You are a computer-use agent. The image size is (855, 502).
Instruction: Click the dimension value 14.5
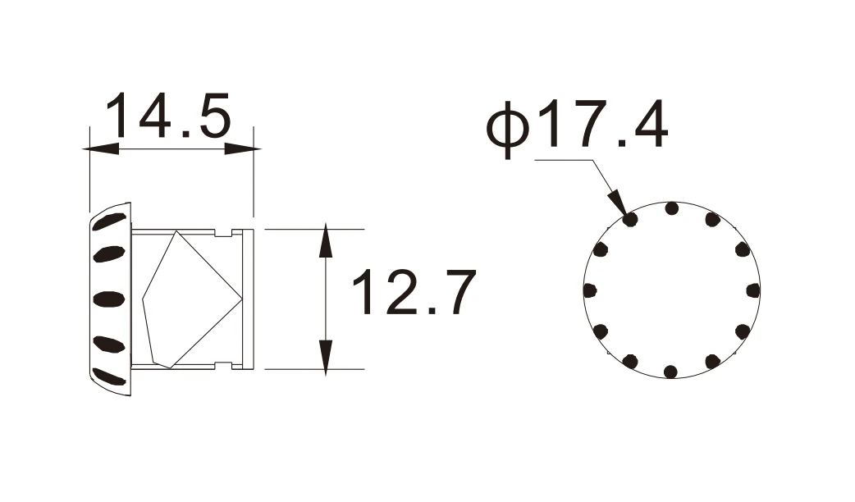tap(169, 116)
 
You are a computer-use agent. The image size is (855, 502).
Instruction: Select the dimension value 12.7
tap(415, 292)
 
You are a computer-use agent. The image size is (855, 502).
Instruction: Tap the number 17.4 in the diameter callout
tap(602, 124)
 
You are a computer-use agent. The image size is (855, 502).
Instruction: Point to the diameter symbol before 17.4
tap(508, 128)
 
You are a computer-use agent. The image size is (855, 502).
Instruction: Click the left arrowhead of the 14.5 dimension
tap(100, 148)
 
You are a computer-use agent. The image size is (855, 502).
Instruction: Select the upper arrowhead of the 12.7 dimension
tap(326, 240)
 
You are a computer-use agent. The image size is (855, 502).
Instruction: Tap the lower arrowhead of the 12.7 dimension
tap(326, 358)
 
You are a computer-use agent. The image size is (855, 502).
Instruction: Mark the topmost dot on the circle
tap(672, 208)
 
